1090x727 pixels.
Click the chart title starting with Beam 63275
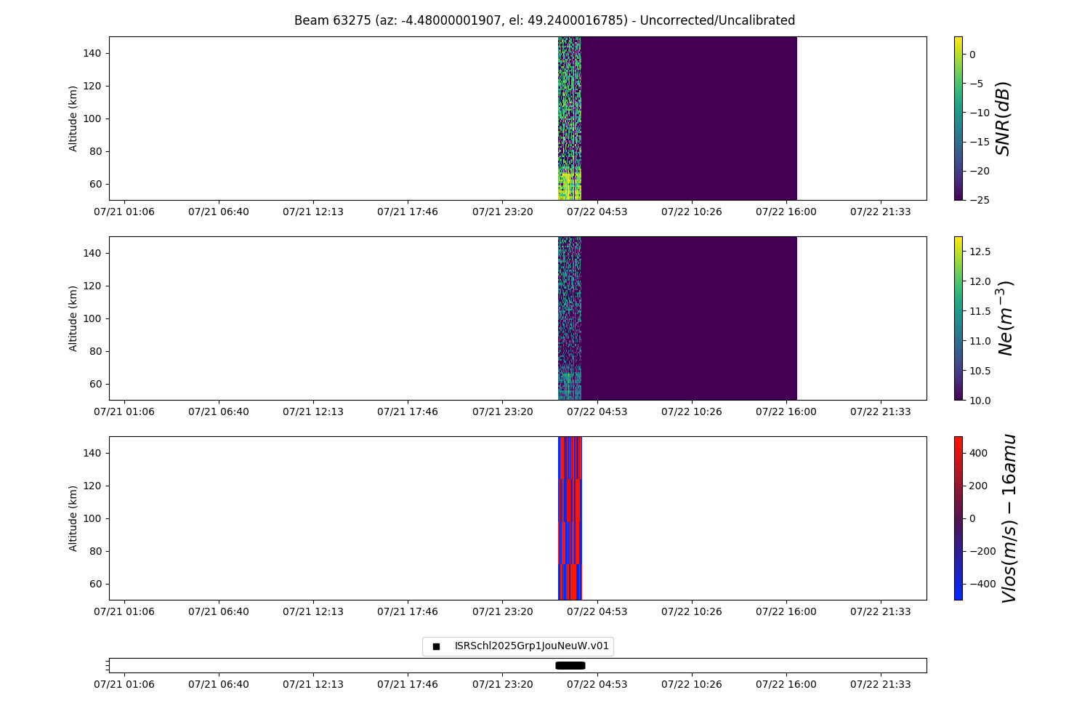[544, 20]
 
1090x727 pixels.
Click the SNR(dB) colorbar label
[1003, 119]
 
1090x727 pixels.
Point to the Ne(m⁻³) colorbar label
[1005, 318]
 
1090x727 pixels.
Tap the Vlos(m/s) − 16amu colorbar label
[1009, 518]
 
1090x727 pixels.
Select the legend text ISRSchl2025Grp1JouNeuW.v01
[531, 646]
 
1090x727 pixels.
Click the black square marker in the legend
[436, 646]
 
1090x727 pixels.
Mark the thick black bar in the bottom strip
[570, 665]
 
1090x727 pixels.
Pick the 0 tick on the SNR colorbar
[972, 55]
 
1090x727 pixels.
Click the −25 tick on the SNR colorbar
[976, 200]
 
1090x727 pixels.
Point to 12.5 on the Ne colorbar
[979, 252]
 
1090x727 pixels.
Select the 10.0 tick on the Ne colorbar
[979, 400]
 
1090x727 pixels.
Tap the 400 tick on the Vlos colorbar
[978, 453]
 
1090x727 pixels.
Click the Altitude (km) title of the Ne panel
[73, 318]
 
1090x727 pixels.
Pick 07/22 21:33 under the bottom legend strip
[880, 684]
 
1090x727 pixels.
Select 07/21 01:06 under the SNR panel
[124, 212]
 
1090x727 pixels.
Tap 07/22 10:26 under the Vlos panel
[691, 611]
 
